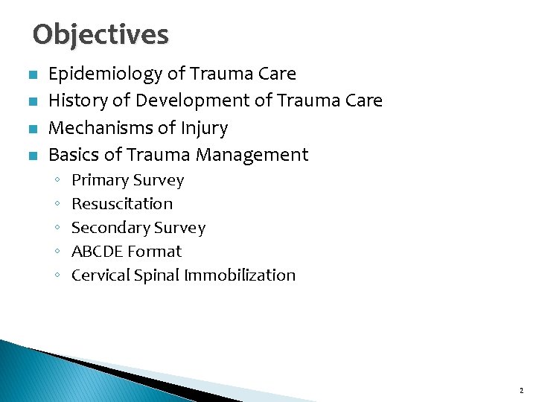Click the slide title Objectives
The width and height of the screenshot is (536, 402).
coord(100,35)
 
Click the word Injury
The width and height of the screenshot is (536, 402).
coord(205,129)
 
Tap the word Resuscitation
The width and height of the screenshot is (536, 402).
coord(122,204)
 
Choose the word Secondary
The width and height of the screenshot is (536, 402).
coord(110,228)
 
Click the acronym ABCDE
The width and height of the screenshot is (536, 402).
coord(97,252)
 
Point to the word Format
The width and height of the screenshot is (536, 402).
coord(154,252)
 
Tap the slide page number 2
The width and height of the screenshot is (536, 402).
coord(520,390)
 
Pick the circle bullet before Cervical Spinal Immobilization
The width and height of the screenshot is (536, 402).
coord(57,276)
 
